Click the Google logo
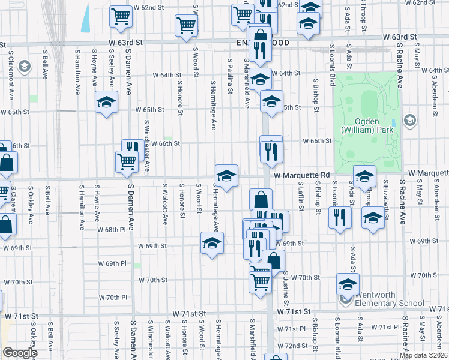(20, 353)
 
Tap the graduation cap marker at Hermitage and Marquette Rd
(226, 176)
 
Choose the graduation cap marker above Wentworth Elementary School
(348, 284)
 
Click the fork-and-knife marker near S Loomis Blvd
(340, 217)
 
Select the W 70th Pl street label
(113, 297)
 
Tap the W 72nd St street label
(296, 347)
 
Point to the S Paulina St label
(230, 76)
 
